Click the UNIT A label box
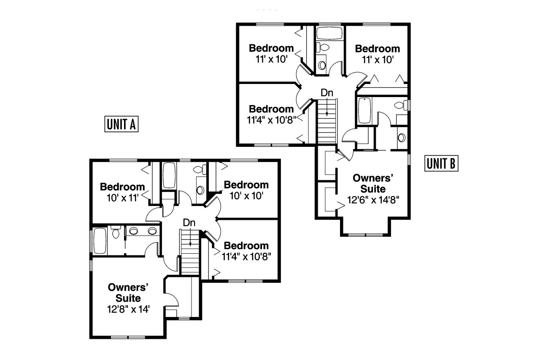pyautogui.click(x=121, y=125)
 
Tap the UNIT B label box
pyautogui.click(x=441, y=163)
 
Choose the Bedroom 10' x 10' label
pyautogui.click(x=246, y=190)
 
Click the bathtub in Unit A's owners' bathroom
pyautogui.click(x=100, y=241)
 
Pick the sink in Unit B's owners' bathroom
pyautogui.click(x=402, y=137)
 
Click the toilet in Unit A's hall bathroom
pyautogui.click(x=198, y=170)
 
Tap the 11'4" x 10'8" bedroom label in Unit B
pyautogui.click(x=271, y=114)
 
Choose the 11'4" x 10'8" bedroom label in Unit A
pyautogui.click(x=246, y=250)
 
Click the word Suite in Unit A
pyautogui.click(x=129, y=298)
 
